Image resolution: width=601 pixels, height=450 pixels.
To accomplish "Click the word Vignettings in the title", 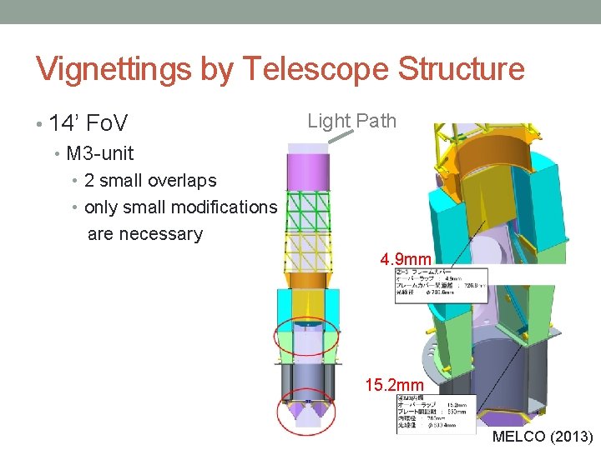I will [x=114, y=70].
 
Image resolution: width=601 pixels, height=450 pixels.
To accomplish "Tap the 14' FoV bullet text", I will [x=88, y=125].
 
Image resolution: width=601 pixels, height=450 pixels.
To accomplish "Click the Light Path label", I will [x=351, y=121].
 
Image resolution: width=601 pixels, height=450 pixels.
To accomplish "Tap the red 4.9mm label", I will [x=406, y=260].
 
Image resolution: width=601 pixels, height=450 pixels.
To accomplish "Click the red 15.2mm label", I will [x=395, y=386].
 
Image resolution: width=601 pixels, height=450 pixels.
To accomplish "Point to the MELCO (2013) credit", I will [x=543, y=437].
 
